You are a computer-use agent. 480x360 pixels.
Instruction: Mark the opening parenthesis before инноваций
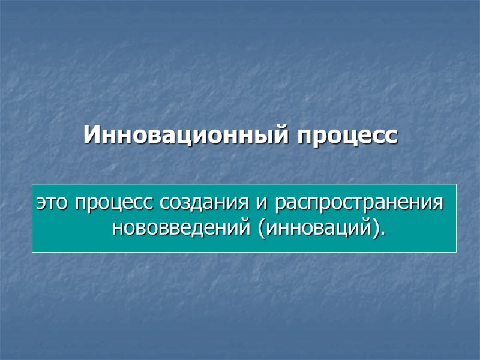pos(262,229)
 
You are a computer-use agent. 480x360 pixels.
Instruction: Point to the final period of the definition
pos(382,233)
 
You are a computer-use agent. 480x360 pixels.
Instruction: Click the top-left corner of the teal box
pos(32,184)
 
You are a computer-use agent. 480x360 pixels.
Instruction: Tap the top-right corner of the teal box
pos(456,184)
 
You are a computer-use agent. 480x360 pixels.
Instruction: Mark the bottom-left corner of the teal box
pos(32,251)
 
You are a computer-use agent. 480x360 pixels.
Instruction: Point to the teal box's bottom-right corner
pos(456,251)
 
